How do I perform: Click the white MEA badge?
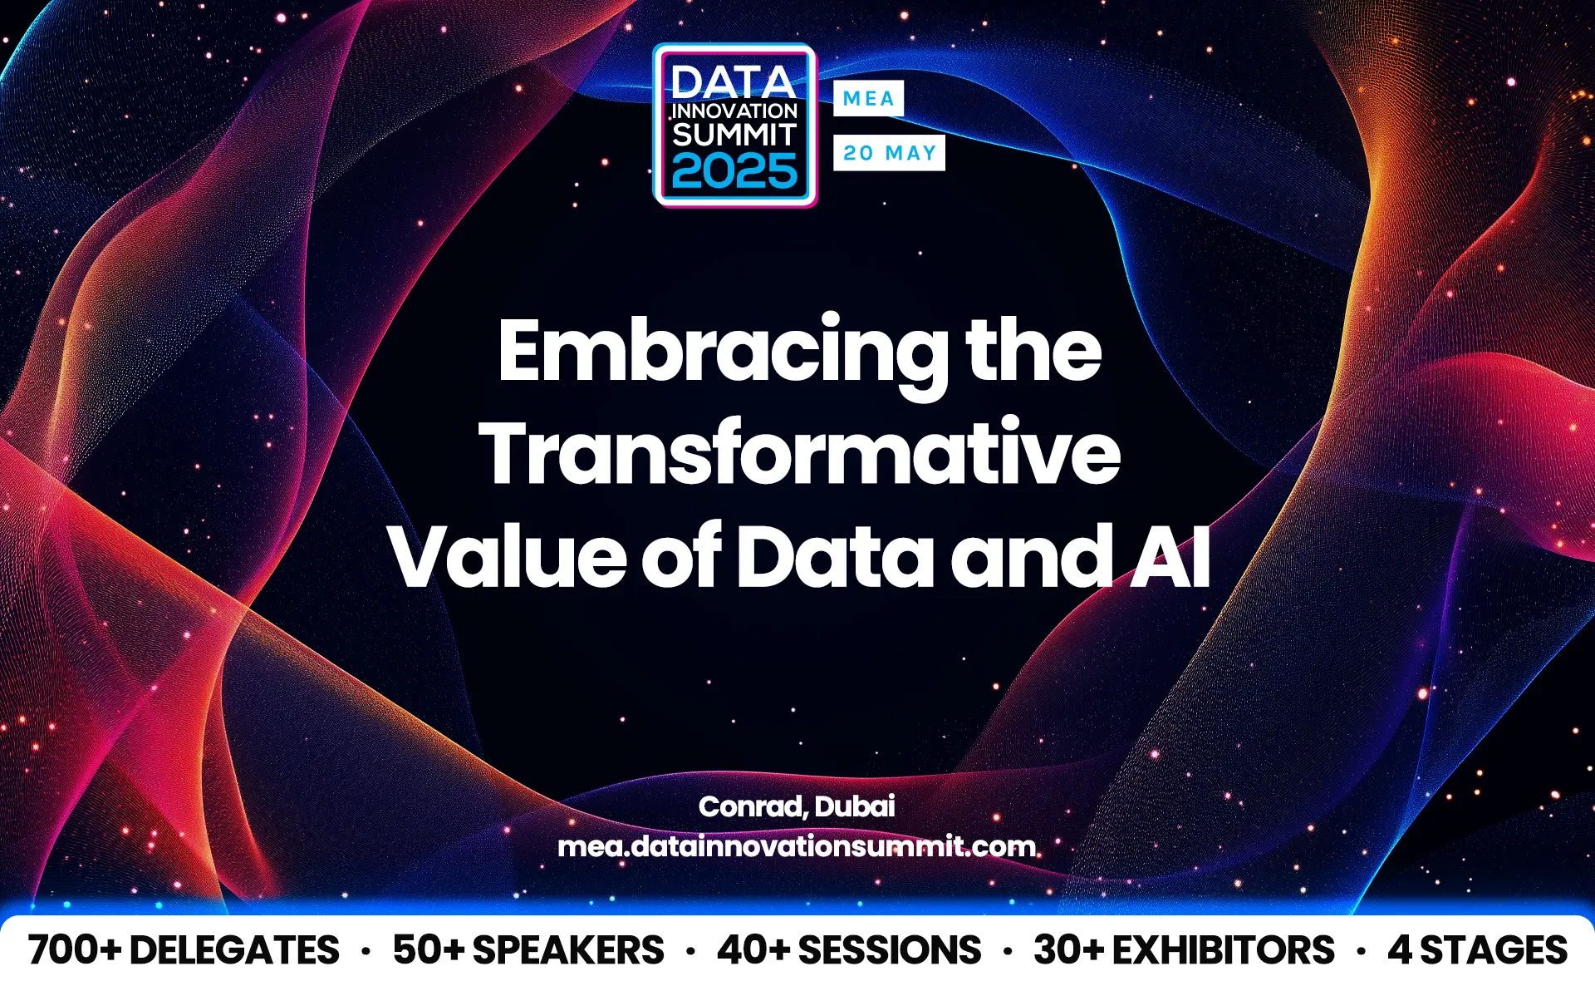point(868,98)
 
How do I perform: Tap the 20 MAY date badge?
point(889,153)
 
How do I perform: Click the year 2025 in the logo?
point(734,172)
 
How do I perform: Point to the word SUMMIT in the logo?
point(734,135)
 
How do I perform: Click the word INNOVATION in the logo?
point(734,111)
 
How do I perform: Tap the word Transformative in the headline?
point(799,453)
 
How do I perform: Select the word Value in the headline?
point(506,556)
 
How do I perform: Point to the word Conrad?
point(752,806)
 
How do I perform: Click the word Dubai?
point(855,806)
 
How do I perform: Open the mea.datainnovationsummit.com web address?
point(797,846)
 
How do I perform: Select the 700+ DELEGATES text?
point(184,950)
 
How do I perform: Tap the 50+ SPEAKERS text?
point(528,950)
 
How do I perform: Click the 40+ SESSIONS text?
point(849,950)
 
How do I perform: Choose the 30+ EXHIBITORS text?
point(1184,950)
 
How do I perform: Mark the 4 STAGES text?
point(1477,950)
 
